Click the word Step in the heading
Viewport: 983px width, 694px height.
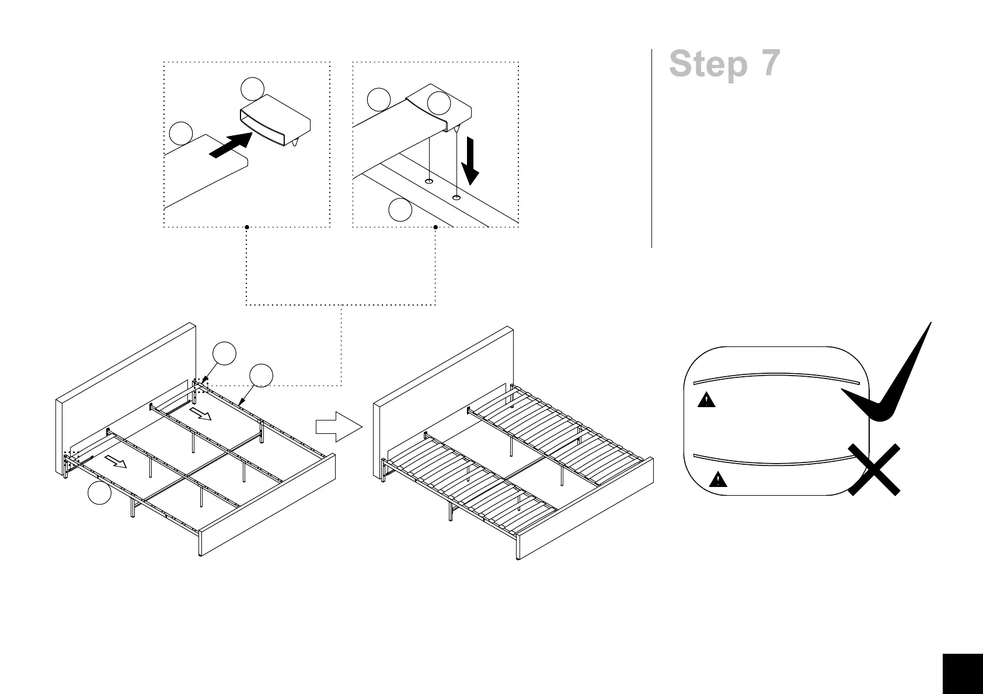708,64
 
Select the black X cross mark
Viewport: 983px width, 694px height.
874,469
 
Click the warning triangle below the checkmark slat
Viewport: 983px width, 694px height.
706,400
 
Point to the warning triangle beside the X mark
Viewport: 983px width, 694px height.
717,480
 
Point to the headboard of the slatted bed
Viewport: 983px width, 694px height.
444,373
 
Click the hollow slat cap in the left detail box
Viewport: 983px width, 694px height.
274,122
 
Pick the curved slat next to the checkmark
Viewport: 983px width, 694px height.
776,378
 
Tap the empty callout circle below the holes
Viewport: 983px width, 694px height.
400,210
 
